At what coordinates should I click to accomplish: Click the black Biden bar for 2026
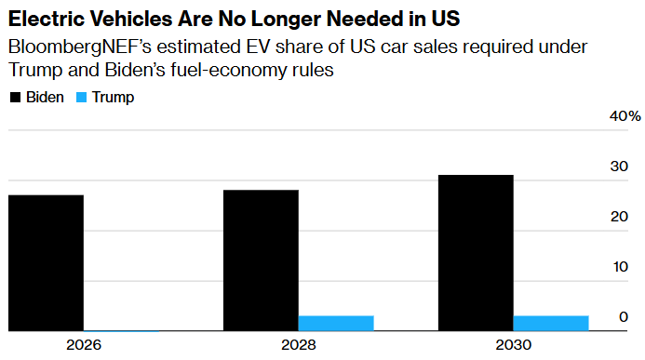[x=46, y=262]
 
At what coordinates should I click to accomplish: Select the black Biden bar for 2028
[x=261, y=260]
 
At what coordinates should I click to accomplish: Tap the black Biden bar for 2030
[x=476, y=252]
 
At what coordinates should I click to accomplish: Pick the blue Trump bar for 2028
[x=336, y=323]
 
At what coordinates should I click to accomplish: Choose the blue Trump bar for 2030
[x=551, y=323]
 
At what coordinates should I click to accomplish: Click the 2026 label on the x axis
[x=83, y=345]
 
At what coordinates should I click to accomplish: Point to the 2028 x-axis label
[x=298, y=345]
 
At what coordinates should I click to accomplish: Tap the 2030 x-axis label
[x=513, y=345]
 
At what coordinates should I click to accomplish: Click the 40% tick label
[x=625, y=116]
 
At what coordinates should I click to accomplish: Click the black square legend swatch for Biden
[x=15, y=98]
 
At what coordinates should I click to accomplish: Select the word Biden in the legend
[x=46, y=98]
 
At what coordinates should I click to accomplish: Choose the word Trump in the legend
[x=113, y=98]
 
